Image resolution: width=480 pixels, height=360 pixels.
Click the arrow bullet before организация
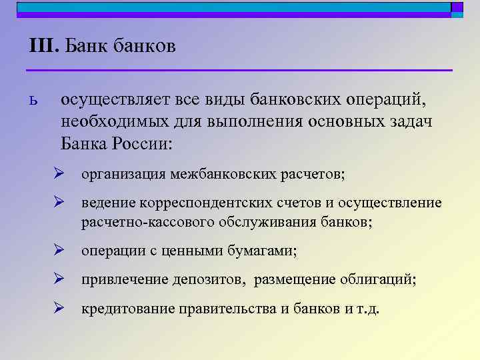point(59,174)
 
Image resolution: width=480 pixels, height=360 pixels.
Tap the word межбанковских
point(226,175)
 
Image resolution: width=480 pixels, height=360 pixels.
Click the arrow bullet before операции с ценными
point(59,251)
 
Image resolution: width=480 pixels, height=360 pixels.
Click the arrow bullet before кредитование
point(59,309)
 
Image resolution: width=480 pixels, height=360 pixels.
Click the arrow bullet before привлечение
point(59,280)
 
